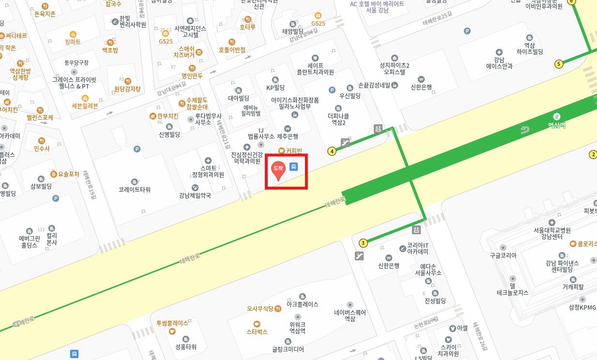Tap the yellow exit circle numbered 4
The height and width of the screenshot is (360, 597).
(x=332, y=151)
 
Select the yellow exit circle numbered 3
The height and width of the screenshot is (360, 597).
(x=363, y=243)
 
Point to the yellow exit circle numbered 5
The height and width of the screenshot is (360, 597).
(x=559, y=64)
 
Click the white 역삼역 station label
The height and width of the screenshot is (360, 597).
(x=557, y=125)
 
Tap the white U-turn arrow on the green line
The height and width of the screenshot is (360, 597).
(x=525, y=130)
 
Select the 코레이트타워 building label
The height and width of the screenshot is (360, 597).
(x=135, y=190)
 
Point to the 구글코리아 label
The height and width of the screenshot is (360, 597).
(x=503, y=255)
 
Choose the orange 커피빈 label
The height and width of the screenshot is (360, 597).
(x=293, y=151)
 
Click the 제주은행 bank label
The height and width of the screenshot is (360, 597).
(x=288, y=136)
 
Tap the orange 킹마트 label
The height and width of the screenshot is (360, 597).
(x=73, y=42)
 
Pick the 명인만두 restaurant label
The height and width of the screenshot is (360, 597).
(x=193, y=75)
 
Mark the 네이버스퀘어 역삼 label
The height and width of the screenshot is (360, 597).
(x=350, y=315)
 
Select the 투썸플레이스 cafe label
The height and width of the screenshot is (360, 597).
(x=172, y=323)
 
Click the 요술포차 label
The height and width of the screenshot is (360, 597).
(x=68, y=174)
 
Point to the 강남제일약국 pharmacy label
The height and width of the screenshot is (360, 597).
(x=195, y=195)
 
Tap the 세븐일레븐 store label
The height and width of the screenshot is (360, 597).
(x=85, y=105)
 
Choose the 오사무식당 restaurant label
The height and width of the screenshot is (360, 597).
(x=260, y=308)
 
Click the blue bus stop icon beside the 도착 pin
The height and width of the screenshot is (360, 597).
(x=294, y=166)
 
